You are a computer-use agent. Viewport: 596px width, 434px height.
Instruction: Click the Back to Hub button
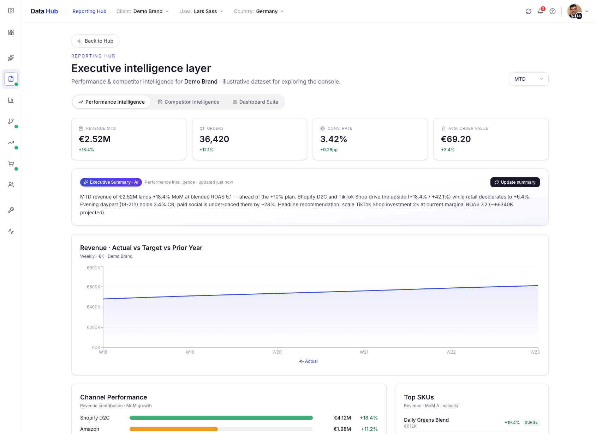95,41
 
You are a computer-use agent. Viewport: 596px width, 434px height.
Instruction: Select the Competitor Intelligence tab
189,102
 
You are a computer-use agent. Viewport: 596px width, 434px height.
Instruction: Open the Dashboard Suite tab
255,102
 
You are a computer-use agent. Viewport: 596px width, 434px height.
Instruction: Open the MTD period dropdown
529,79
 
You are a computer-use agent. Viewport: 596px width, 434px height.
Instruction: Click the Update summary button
515,182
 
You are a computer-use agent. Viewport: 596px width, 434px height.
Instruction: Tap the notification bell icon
541,11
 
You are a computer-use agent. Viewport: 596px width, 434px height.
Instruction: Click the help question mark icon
553,11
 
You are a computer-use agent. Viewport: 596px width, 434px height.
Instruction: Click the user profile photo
574,11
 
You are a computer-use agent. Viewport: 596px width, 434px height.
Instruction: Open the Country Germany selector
259,11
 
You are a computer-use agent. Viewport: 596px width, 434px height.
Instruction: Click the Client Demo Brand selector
143,11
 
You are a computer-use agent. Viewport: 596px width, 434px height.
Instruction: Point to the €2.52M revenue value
95,139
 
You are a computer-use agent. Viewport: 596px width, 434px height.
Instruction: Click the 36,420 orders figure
214,139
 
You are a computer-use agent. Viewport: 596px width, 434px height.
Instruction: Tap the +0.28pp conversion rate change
329,150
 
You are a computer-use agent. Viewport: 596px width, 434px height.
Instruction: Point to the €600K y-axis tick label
93,287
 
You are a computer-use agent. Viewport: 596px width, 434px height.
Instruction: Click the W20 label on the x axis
277,352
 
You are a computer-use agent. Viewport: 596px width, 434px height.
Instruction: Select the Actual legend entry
308,361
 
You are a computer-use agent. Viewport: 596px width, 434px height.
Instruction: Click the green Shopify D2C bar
221,418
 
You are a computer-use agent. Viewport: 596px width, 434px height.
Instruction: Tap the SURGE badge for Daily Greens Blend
531,422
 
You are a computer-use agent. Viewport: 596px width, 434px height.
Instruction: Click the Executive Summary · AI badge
111,182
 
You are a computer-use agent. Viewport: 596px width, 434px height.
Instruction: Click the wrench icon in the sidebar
11,210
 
